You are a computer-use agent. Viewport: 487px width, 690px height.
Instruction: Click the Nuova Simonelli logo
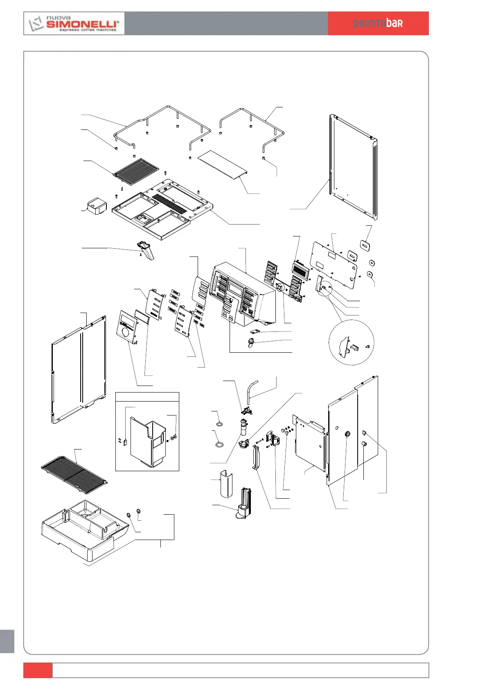[74, 23]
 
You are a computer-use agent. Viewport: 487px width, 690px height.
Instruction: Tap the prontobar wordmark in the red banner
[378, 23]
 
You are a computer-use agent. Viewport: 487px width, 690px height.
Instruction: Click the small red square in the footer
[38, 670]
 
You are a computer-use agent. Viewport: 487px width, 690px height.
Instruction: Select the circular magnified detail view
[351, 343]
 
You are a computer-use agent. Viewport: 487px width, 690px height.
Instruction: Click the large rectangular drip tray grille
[74, 474]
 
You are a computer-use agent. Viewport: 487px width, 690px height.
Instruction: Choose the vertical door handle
[256, 457]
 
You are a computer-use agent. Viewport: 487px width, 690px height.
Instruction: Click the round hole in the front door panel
[348, 434]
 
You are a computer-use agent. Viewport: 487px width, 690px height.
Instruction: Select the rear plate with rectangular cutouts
[334, 264]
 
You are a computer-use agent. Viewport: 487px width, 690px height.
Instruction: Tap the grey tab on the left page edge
[7, 641]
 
